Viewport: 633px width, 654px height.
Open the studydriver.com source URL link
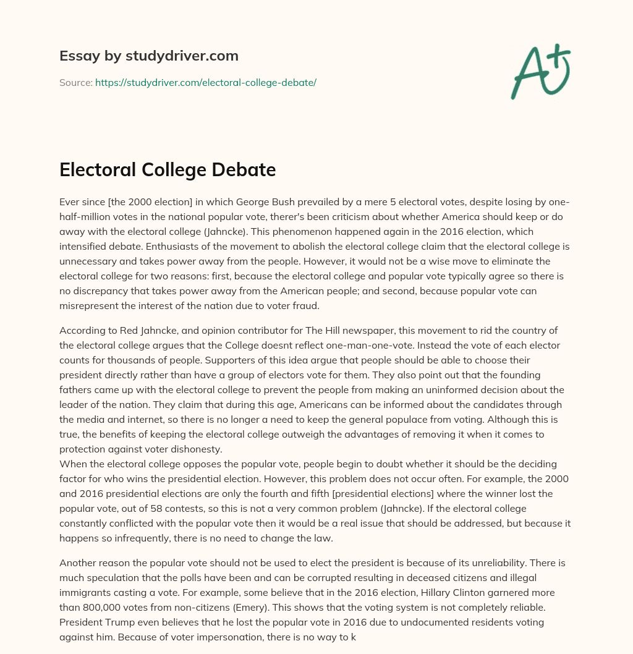tap(205, 82)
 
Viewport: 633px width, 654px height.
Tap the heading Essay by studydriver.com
tap(149, 56)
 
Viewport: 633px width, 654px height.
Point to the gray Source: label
tap(75, 82)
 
